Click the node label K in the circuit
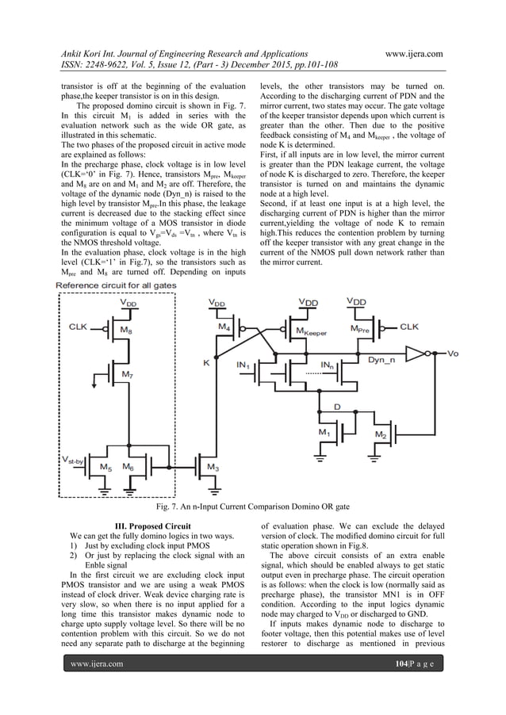tap(207, 364)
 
